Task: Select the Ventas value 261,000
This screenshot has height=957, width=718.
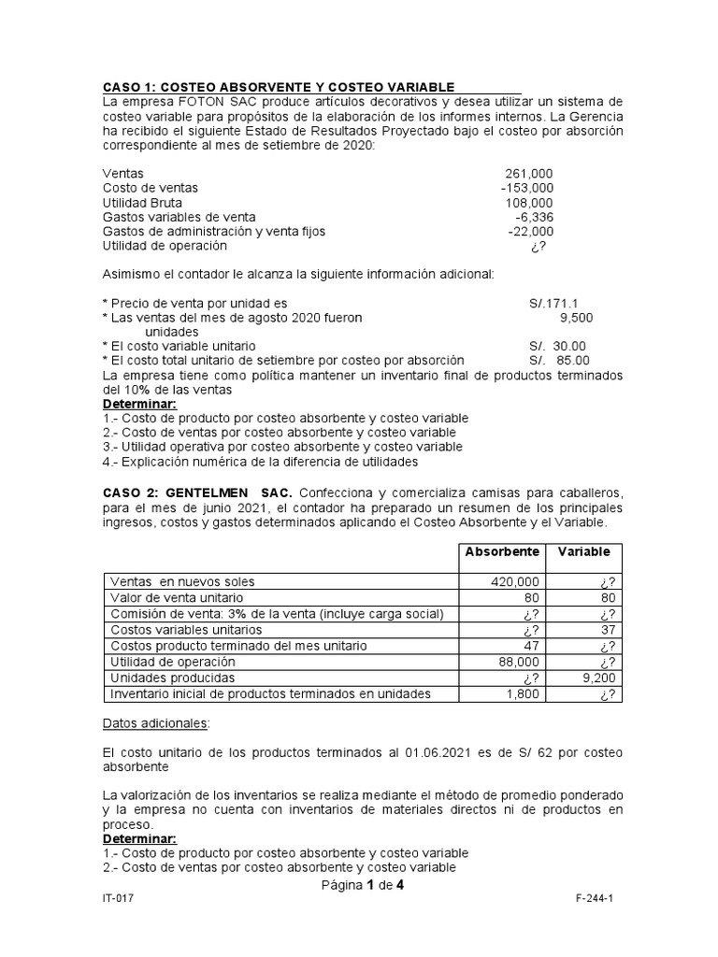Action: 529,174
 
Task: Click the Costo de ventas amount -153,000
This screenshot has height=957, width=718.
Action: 526,188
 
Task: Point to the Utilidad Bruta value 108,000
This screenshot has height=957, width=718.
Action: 529,203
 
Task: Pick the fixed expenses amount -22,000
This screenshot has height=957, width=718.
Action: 530,231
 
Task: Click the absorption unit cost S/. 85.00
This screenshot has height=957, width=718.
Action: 559,359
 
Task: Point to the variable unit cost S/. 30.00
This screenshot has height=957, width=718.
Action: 559,345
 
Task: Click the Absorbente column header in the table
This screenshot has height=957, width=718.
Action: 503,551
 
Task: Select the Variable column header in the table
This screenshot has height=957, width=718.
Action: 584,551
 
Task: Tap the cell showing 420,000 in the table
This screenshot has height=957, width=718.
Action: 515,581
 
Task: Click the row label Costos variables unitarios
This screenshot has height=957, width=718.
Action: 185,629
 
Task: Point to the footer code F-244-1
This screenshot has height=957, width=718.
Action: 594,896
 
